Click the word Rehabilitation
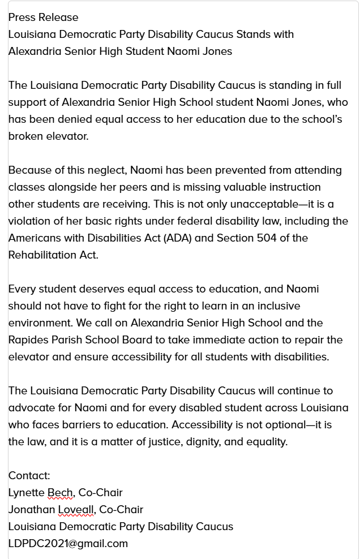[43, 255]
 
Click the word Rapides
[28, 340]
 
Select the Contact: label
[29, 476]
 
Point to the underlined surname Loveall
[77, 510]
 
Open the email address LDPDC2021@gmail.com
[68, 544]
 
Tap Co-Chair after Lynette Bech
[101, 493]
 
